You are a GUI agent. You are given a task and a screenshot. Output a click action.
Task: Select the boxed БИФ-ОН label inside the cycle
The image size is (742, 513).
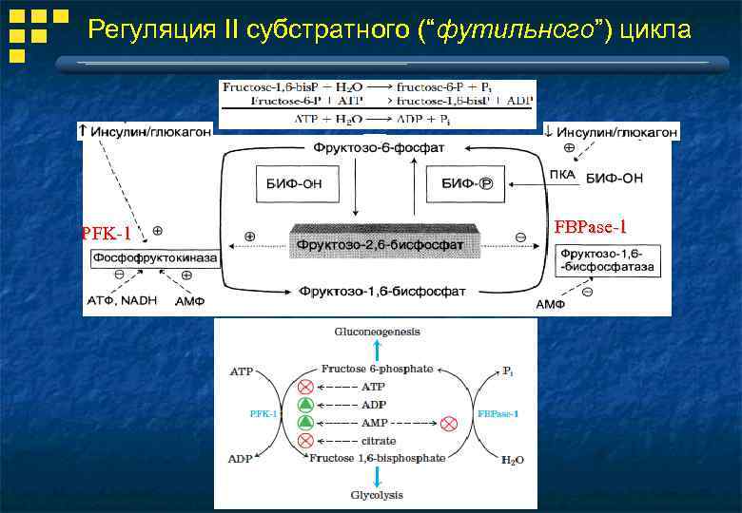(x=287, y=184)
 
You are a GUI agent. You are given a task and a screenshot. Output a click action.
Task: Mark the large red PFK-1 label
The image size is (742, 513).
(x=106, y=233)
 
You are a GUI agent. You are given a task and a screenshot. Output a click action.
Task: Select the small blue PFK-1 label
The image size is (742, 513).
(x=264, y=413)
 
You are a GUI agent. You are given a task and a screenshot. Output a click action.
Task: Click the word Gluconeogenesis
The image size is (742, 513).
(x=377, y=332)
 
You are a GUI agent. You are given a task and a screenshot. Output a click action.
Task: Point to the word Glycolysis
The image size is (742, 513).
(x=377, y=495)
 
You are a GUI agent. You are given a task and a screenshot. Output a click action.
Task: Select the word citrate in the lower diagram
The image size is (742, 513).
(x=379, y=441)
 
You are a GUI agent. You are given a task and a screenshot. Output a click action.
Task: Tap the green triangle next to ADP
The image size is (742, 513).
(x=305, y=404)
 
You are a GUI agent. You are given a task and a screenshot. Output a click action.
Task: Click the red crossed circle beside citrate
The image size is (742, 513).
(x=305, y=441)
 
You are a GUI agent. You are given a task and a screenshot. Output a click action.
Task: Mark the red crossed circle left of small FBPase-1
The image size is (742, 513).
(x=449, y=422)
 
